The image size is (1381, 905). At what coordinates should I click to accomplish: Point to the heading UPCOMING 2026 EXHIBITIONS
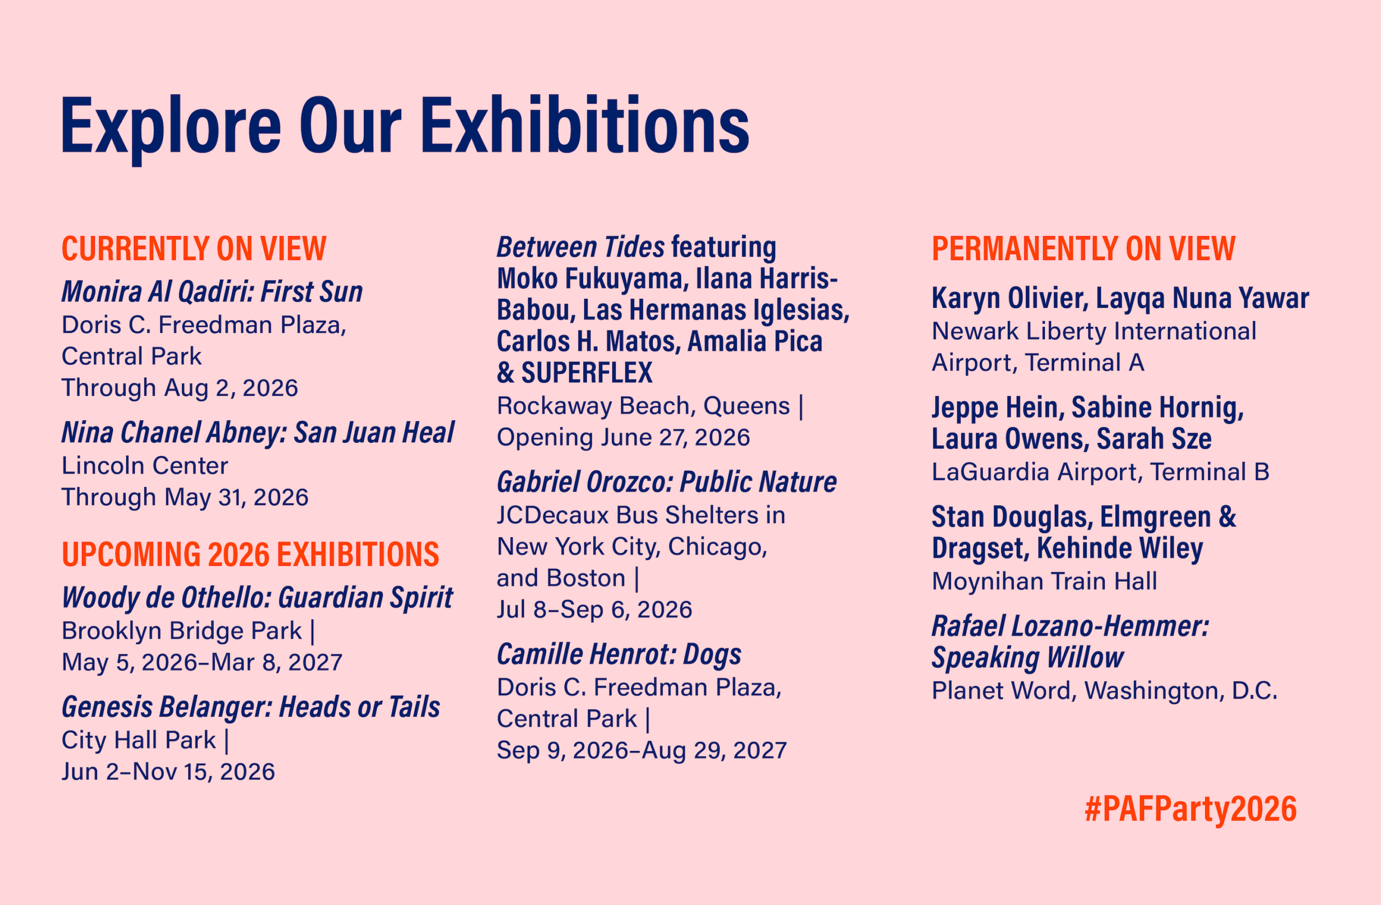250,554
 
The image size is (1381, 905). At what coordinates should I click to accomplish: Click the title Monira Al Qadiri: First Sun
212,292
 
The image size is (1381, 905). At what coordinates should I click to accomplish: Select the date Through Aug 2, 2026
180,388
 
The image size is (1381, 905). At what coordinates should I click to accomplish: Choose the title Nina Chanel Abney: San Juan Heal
258,433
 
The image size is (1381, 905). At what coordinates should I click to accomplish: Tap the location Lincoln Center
145,466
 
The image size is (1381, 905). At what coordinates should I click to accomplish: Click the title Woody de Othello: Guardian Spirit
257,598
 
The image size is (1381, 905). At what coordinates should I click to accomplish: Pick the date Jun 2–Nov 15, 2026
168,772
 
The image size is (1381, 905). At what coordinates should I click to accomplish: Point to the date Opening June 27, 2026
623,437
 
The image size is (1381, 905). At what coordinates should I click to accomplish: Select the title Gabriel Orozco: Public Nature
667,482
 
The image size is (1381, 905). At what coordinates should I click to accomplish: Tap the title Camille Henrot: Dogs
619,655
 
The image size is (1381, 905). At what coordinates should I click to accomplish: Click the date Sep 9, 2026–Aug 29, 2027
642,751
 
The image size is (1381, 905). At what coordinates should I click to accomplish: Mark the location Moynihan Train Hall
1044,581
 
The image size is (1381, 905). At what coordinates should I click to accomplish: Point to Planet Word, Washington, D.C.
1105,691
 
